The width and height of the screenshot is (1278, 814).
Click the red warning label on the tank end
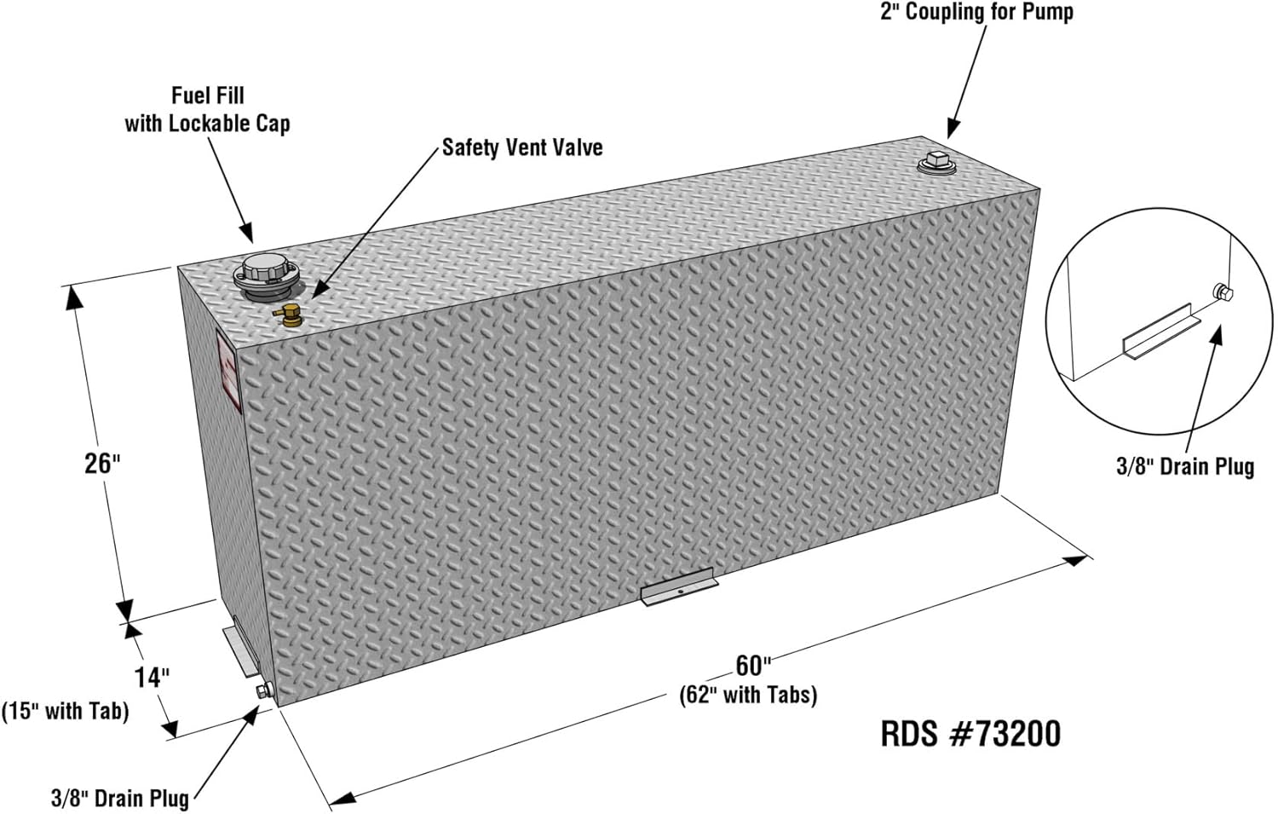pos(229,372)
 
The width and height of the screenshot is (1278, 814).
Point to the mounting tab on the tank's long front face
pos(679,586)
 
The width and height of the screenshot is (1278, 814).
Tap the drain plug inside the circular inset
pos(1222,293)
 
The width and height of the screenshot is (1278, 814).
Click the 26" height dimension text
pos(103,463)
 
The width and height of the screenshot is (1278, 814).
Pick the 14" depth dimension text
pos(152,678)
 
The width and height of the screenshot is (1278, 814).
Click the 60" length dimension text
pos(753,665)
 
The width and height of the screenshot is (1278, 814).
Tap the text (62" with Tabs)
pos(748,695)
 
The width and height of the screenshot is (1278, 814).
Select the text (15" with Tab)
pos(66,711)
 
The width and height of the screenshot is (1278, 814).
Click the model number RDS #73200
pos(970,734)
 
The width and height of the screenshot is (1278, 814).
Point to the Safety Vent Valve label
pos(522,147)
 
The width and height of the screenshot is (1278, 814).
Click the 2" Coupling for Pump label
pos(976,11)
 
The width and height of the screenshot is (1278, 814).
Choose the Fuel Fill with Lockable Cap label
pos(208,109)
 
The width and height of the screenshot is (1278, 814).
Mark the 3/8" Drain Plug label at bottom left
pos(120,798)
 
